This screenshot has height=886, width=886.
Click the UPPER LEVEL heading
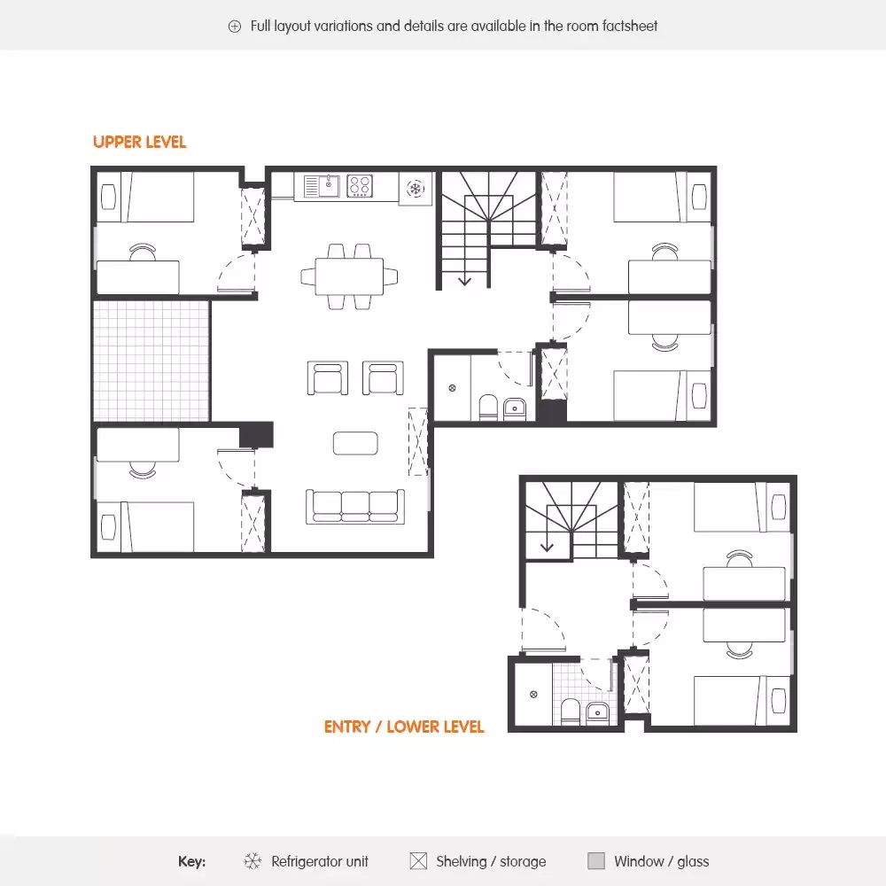(x=139, y=142)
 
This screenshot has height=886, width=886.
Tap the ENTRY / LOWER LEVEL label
(x=404, y=727)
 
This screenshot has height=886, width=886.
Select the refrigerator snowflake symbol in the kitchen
(x=415, y=188)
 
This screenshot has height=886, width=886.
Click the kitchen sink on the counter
(x=323, y=186)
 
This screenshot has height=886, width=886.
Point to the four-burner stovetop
(x=360, y=186)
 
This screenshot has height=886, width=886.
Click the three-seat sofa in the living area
(x=355, y=505)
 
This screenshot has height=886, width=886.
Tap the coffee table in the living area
(x=355, y=442)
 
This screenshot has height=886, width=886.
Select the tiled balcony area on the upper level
(x=152, y=361)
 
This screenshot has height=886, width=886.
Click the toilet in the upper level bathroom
(x=488, y=408)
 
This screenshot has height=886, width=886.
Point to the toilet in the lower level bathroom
(x=570, y=711)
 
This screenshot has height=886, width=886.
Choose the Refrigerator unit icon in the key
(x=253, y=861)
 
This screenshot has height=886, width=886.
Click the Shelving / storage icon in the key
(x=418, y=861)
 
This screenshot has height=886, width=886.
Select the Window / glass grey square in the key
(x=596, y=861)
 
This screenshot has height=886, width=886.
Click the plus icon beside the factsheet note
(x=235, y=27)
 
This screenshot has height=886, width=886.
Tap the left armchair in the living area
(x=327, y=378)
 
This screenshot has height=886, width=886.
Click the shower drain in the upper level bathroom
(x=451, y=387)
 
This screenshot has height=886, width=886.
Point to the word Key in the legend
(x=191, y=861)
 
